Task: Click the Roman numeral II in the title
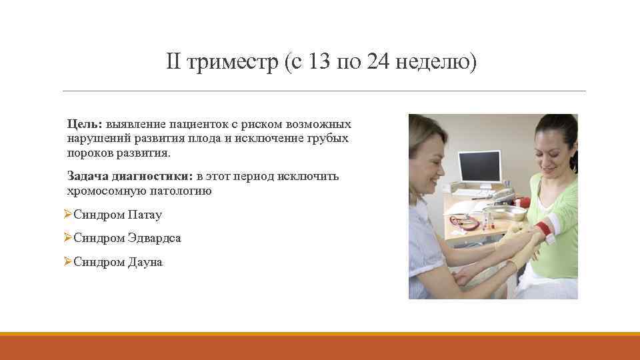[x=173, y=63]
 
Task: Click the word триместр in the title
[x=231, y=64]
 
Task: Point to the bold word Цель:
[x=83, y=125]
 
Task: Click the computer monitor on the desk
[x=479, y=168]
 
